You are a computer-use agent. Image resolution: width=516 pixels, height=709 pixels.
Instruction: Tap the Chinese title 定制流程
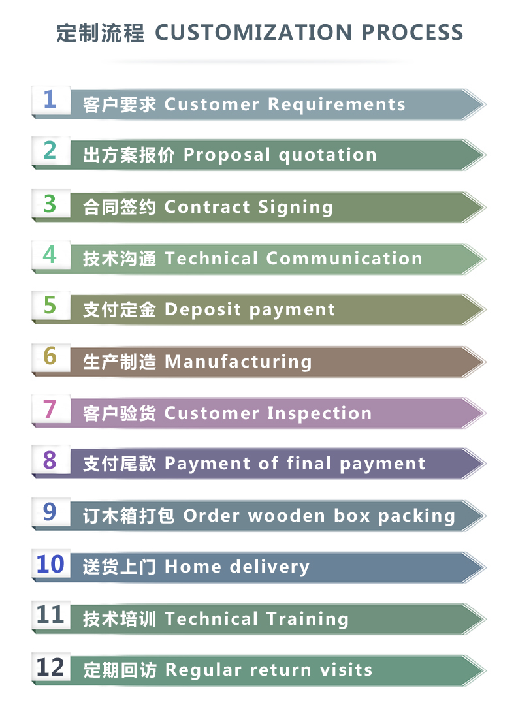tap(100, 33)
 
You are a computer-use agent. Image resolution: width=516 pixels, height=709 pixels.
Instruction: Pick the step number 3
tap(50, 203)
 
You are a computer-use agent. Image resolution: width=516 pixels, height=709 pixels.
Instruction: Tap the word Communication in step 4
tap(344, 259)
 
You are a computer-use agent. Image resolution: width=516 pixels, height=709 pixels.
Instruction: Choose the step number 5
tap(50, 306)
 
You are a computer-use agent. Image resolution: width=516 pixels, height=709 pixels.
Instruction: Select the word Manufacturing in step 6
tap(238, 362)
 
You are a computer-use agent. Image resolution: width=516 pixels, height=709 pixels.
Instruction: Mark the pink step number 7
tap(50, 409)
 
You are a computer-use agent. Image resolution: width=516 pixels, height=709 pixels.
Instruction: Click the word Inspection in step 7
tap(319, 413)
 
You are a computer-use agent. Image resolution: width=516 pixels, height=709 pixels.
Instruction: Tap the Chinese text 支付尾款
tap(120, 464)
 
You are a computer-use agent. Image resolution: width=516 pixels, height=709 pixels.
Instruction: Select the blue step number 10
tap(50, 563)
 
